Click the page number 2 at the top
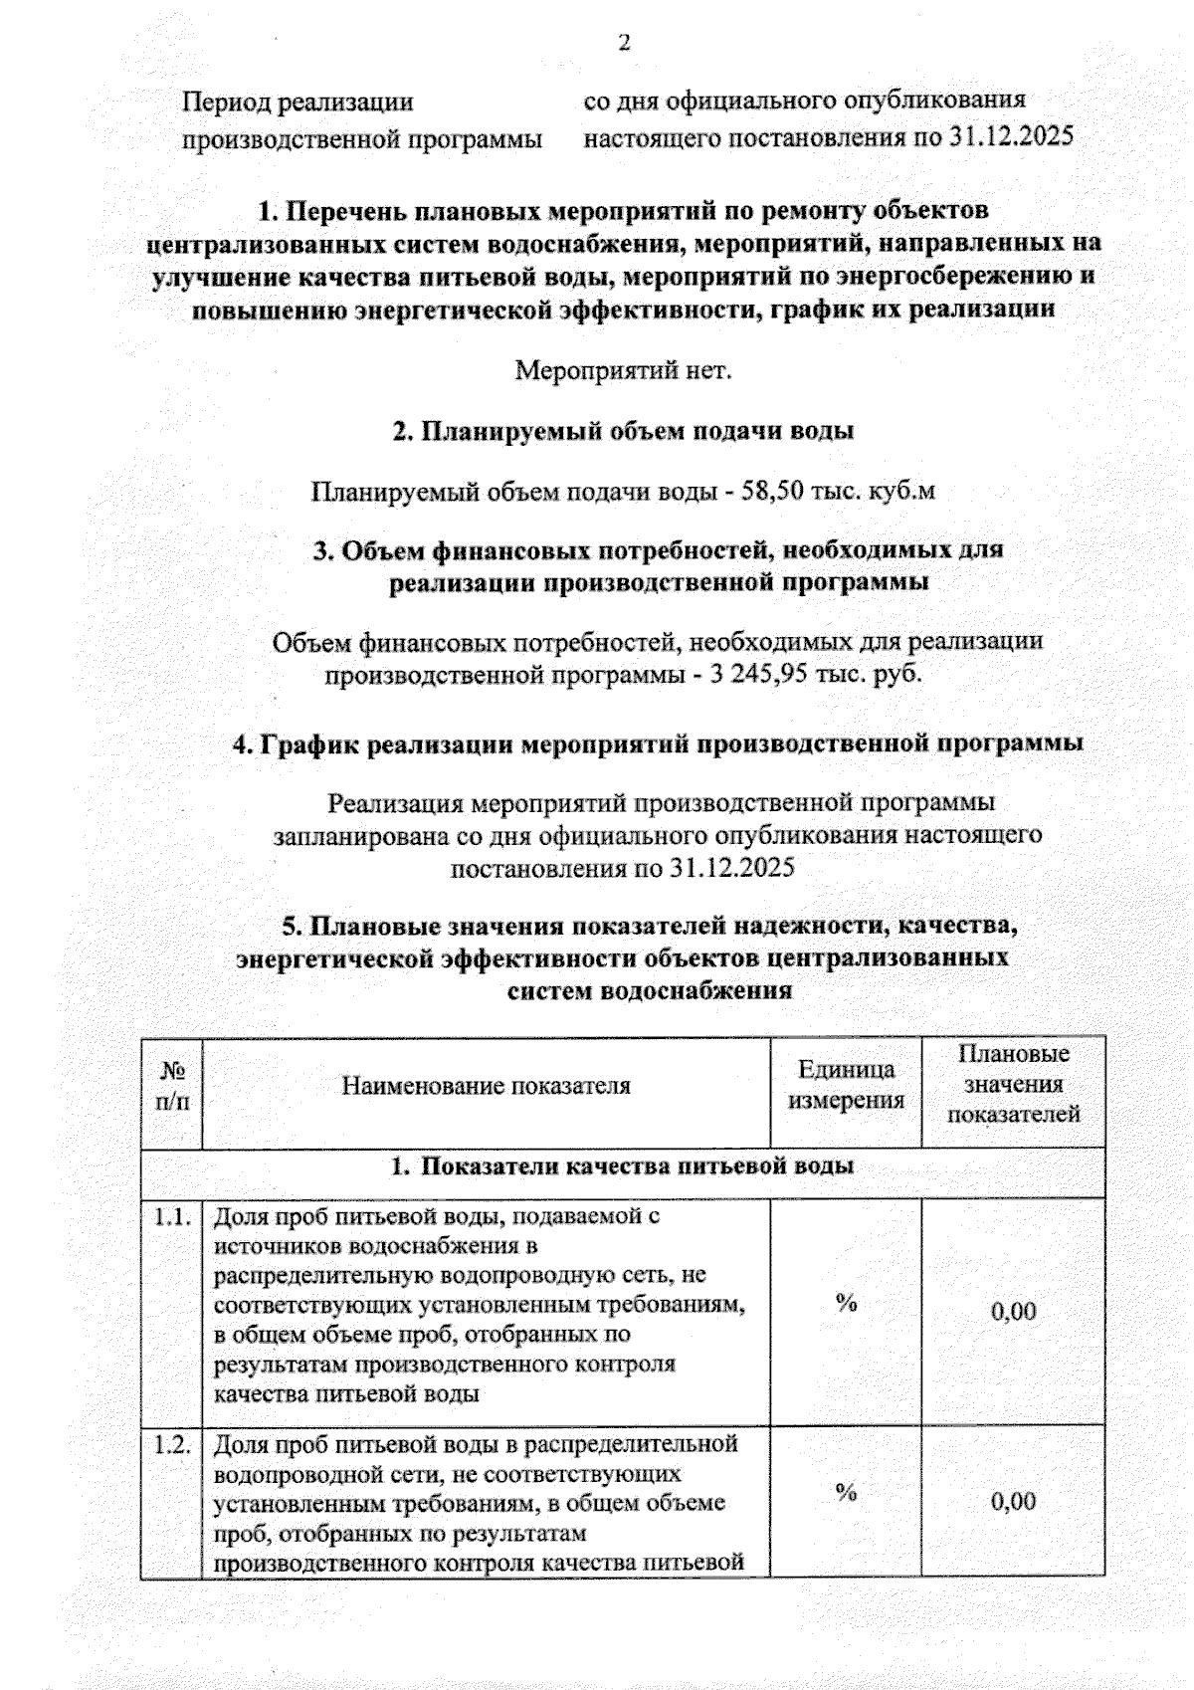(x=625, y=44)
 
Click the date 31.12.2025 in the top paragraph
(x=1010, y=136)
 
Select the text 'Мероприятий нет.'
(x=623, y=371)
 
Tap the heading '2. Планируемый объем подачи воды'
(x=623, y=431)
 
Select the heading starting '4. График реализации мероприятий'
(x=658, y=743)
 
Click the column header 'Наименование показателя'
(x=486, y=1085)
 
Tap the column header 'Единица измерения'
(x=846, y=1085)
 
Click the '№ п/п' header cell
(x=173, y=1086)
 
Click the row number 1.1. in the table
(x=171, y=1216)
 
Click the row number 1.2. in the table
(x=171, y=1444)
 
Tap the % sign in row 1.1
(x=846, y=1303)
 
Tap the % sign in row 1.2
(x=846, y=1492)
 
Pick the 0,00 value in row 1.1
(x=1013, y=1311)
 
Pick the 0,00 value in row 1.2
(x=1013, y=1501)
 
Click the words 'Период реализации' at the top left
(x=298, y=103)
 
